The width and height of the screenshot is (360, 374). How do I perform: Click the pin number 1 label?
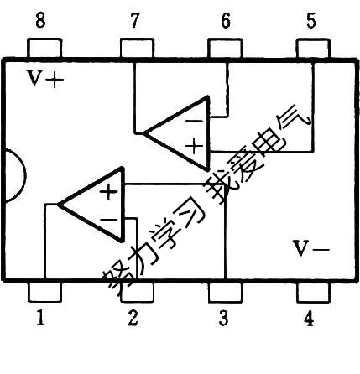click(39, 319)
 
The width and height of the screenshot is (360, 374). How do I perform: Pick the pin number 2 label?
click(133, 319)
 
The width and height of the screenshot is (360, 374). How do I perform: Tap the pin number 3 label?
click(223, 319)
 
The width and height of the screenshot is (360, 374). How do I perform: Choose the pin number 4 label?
click(309, 319)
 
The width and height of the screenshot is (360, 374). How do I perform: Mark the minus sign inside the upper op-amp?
click(194, 120)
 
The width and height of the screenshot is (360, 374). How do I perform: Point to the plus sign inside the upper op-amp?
click(195, 147)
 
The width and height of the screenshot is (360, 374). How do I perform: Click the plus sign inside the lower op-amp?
click(108, 191)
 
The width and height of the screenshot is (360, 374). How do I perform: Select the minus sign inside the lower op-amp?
click(108, 220)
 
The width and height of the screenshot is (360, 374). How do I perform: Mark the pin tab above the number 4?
click(312, 292)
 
